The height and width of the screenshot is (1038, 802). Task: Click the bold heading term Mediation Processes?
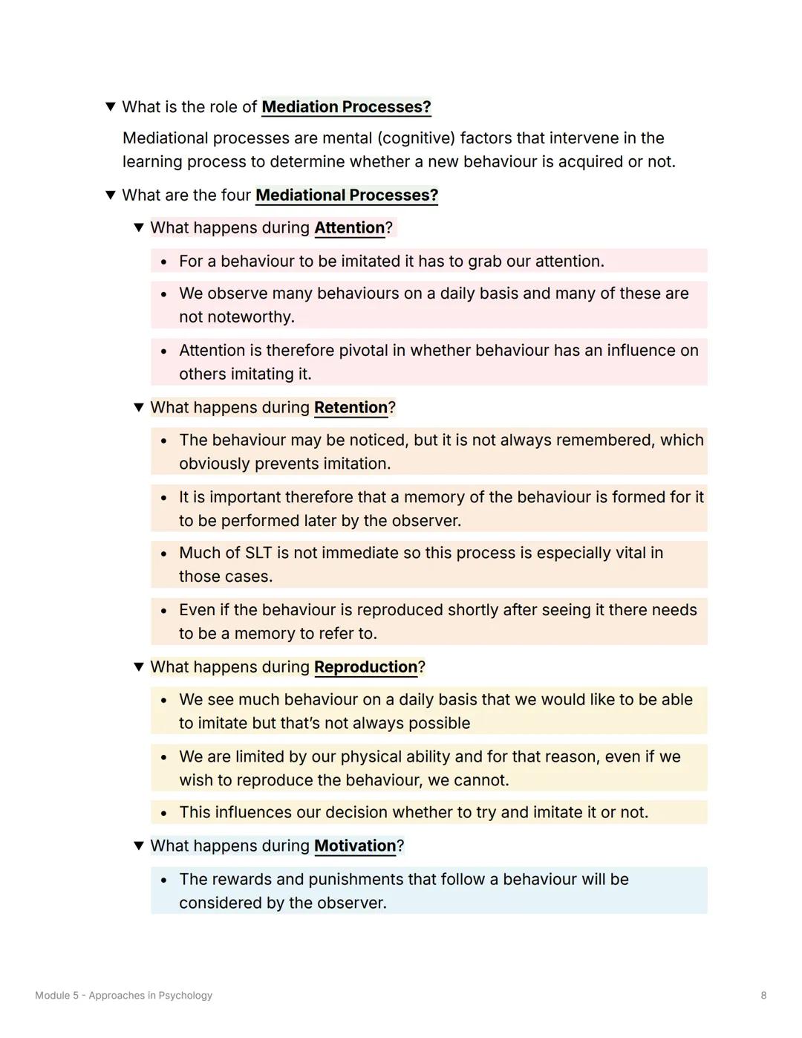[346, 107]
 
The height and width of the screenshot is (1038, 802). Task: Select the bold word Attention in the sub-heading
[349, 228]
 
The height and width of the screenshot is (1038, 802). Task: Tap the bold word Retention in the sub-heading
[351, 408]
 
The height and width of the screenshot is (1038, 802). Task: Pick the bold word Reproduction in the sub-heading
[365, 667]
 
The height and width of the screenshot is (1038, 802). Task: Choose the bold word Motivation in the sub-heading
[355, 846]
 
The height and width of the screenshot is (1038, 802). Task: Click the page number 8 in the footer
[763, 996]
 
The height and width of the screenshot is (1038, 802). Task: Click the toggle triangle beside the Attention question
[138, 227]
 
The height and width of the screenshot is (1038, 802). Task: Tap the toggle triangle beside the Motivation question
[138, 846]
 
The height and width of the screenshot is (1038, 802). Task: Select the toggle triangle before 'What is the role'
[110, 107]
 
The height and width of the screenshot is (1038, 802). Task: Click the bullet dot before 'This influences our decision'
[163, 814]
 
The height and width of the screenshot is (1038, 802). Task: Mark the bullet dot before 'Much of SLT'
[163, 554]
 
